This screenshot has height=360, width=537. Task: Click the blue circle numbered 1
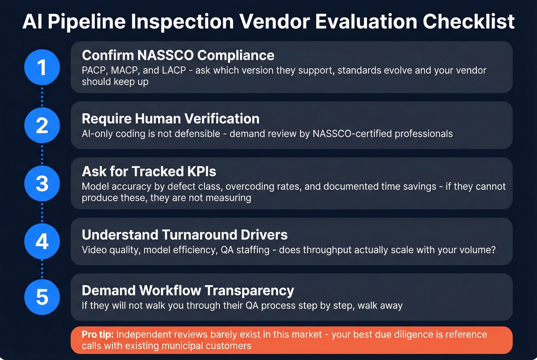pos(42,67)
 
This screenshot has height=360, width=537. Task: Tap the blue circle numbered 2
pos(42,125)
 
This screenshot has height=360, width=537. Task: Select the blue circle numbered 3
pos(42,183)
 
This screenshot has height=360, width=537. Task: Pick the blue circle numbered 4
pos(42,242)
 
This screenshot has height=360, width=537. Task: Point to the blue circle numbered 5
pos(42,297)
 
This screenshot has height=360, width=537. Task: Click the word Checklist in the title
pos(469,21)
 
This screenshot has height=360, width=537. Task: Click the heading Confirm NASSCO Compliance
pos(178,55)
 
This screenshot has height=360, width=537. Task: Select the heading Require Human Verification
pos(170,119)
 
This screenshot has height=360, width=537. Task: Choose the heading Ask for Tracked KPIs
pos(149,171)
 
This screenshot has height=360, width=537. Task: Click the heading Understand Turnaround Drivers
pos(184,235)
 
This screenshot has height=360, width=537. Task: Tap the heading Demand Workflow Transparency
pos(188,291)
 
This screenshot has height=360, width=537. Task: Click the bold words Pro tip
pos(97,334)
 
